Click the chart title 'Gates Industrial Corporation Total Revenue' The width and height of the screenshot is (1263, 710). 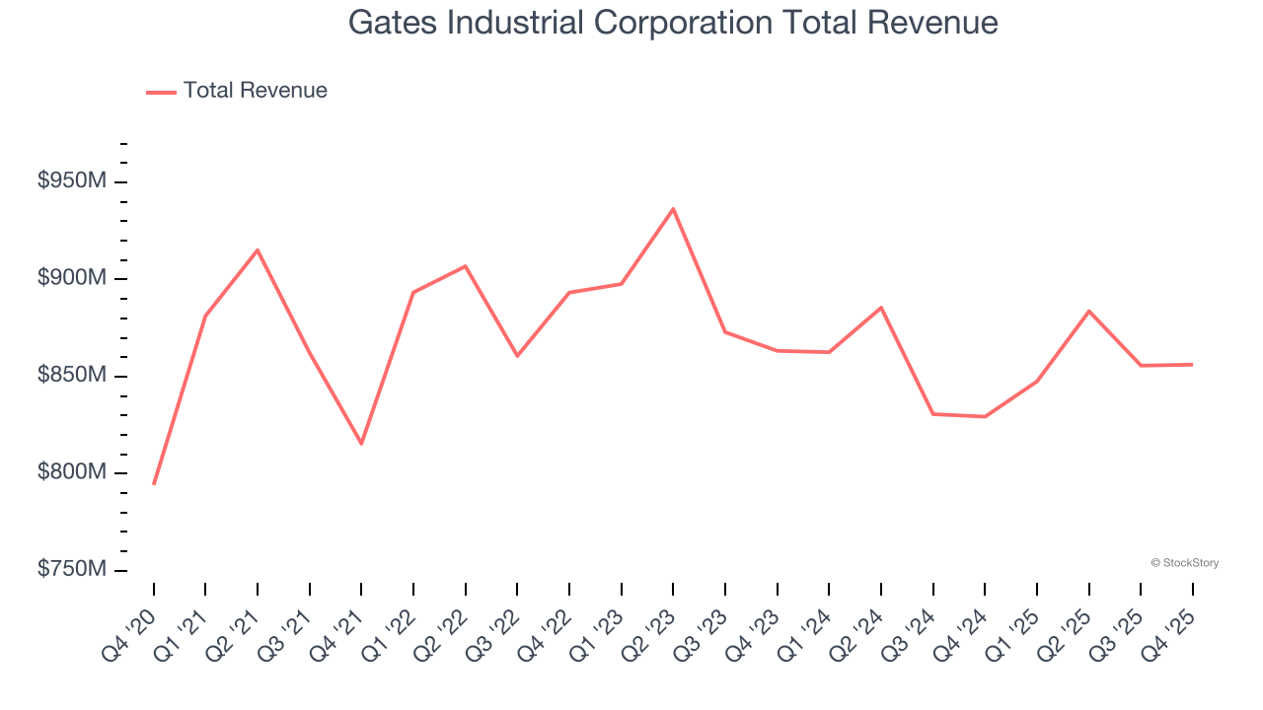[673, 23]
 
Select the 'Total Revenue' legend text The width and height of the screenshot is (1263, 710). [255, 91]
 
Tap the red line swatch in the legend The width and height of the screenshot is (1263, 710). [161, 92]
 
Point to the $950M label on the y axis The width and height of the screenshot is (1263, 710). [71, 181]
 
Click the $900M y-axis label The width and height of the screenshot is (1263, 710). [71, 278]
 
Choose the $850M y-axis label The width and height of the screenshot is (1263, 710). [71, 376]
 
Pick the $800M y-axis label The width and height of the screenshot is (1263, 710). [71, 472]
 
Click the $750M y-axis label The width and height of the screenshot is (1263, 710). [71, 570]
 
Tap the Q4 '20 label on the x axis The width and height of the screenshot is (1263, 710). [130, 627]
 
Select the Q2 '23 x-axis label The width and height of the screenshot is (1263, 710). [649, 627]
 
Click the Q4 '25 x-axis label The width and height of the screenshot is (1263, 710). [1168, 627]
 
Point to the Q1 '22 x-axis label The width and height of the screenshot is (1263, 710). [390, 627]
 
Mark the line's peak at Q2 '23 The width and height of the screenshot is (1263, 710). [673, 209]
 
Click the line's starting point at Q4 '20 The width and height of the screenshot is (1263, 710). [154, 484]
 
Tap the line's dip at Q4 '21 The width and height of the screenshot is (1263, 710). [361, 444]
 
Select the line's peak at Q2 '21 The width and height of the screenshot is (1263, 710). [258, 250]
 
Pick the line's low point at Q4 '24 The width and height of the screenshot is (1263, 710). [985, 416]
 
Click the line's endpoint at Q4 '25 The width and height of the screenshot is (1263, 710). [1192, 365]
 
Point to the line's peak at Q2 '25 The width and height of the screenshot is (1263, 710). [1088, 312]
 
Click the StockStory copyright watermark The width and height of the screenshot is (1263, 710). [1184, 563]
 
